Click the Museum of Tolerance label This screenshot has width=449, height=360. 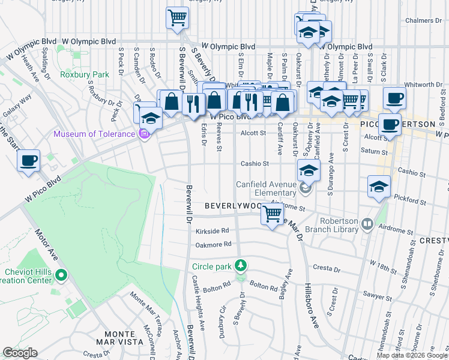[95, 133]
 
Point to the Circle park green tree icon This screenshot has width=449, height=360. [241, 265]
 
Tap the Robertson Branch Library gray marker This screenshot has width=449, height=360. [367, 225]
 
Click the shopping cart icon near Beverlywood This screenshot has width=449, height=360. [273, 213]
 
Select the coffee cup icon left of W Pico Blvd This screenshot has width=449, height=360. [29, 161]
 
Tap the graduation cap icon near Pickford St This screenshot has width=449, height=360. [379, 187]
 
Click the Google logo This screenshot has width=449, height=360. [20, 353]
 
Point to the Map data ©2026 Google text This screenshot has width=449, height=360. [412, 355]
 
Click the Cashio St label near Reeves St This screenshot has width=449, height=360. [254, 163]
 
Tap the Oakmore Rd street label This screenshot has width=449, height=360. [213, 244]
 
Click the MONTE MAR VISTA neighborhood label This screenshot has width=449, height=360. [119, 338]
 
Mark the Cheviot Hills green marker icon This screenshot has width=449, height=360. [60, 276]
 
